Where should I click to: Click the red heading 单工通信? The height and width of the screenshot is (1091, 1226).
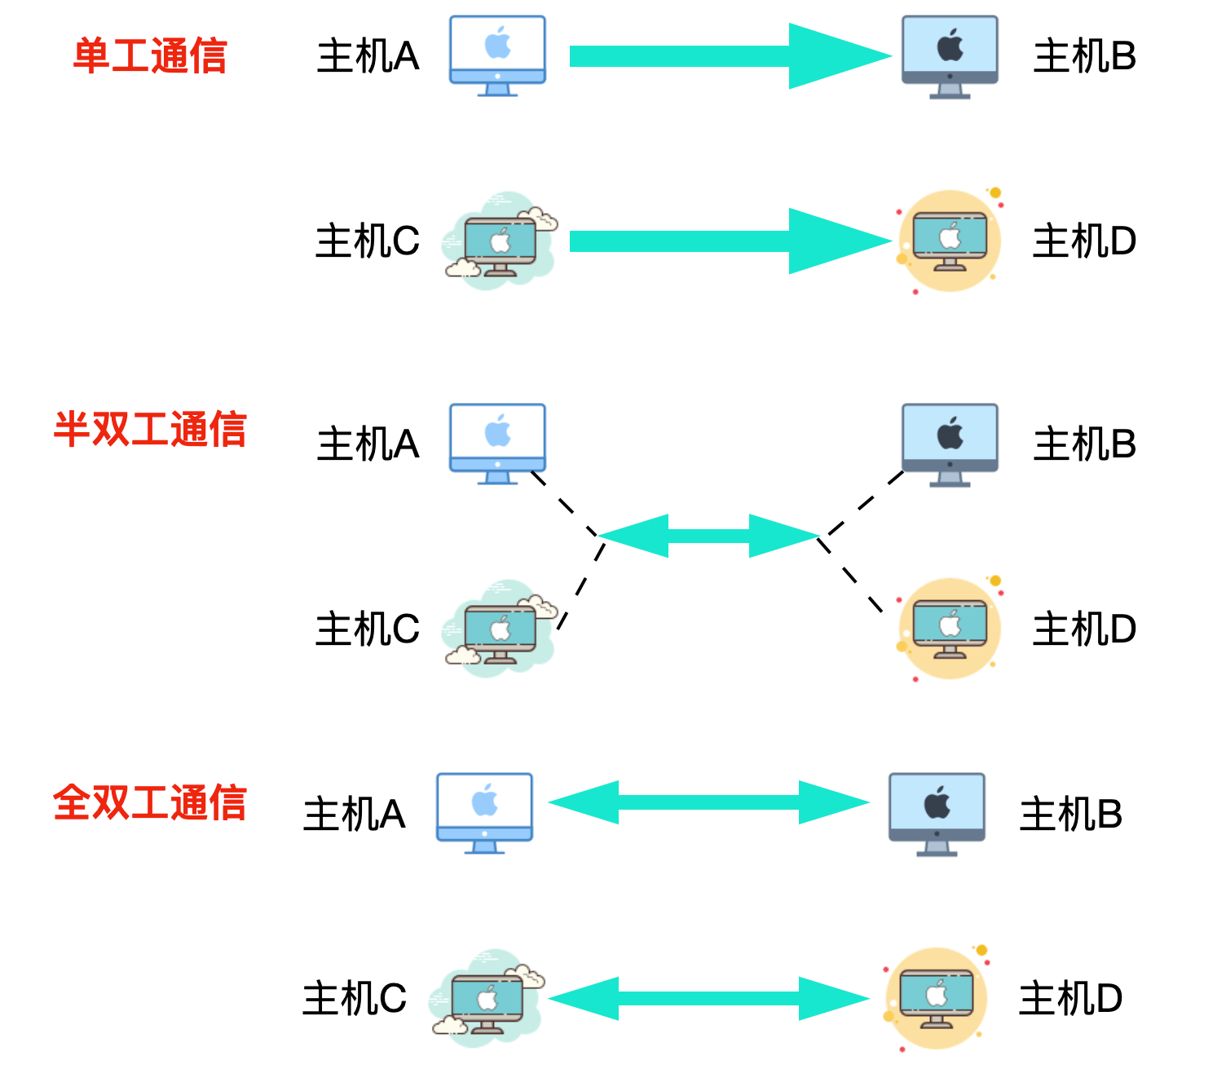click(x=150, y=56)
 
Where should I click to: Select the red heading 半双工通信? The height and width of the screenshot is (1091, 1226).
click(x=150, y=429)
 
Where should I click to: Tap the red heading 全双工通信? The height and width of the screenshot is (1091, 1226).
click(x=150, y=802)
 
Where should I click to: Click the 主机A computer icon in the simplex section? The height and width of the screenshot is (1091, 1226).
click(x=497, y=55)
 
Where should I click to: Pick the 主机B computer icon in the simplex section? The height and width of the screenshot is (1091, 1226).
click(x=950, y=56)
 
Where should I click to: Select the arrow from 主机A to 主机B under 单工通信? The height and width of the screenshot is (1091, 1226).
click(x=730, y=56)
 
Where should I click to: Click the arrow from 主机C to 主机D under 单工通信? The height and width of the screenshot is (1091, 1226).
click(x=730, y=241)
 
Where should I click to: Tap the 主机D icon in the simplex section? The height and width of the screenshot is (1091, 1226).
click(x=950, y=241)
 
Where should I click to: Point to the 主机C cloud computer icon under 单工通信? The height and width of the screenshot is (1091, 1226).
click(x=499, y=241)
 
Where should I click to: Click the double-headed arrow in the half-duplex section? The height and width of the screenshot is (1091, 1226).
click(x=708, y=536)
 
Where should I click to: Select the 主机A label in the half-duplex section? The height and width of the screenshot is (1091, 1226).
click(x=368, y=444)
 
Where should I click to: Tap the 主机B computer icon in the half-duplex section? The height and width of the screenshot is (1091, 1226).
click(x=950, y=444)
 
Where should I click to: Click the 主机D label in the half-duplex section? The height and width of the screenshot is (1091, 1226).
click(x=1084, y=629)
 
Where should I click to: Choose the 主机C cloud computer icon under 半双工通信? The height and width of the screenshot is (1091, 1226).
click(x=499, y=629)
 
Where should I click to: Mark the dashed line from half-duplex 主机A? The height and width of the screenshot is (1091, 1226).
click(x=564, y=504)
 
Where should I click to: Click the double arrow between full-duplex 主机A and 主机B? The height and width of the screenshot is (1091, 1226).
click(x=708, y=802)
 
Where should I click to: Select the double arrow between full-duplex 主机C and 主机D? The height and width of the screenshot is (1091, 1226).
click(x=708, y=998)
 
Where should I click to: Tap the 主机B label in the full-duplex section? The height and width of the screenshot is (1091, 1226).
click(x=1071, y=815)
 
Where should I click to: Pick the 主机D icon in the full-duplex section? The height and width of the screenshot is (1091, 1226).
click(x=937, y=998)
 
